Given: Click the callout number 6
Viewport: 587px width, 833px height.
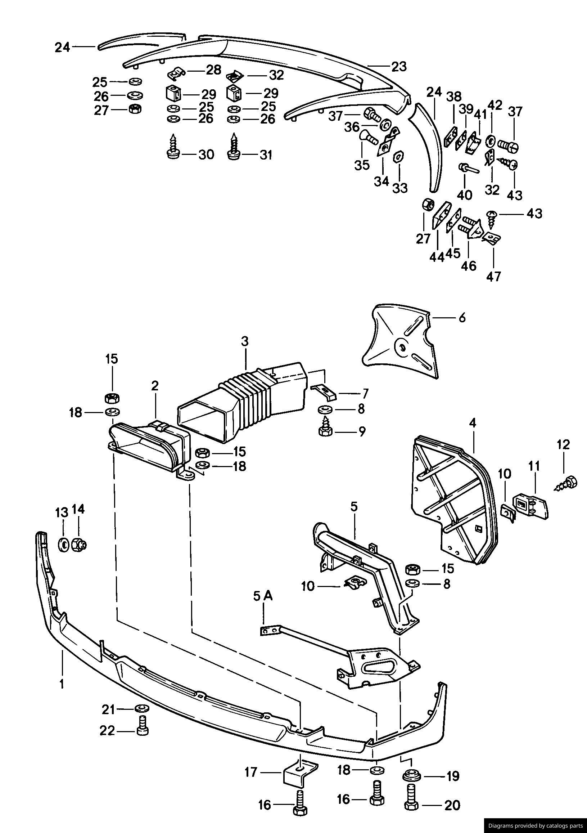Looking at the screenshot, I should tap(461, 318).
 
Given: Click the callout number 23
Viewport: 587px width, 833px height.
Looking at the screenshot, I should tap(399, 67).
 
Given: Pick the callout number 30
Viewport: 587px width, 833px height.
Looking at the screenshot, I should tap(206, 154).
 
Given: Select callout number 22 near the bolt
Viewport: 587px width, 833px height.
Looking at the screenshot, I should tap(108, 731).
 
